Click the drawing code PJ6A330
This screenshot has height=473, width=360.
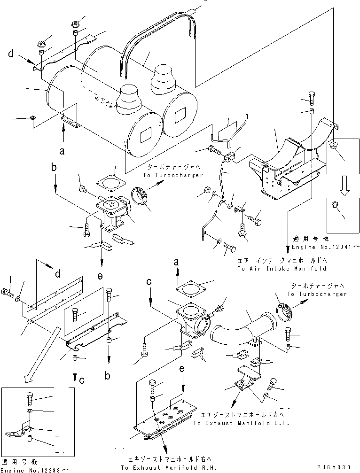tap(334, 468)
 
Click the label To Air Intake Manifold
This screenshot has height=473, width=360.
tap(282, 269)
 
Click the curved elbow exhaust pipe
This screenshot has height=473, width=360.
tap(240, 329)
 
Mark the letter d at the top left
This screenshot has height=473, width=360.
tap(11, 54)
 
